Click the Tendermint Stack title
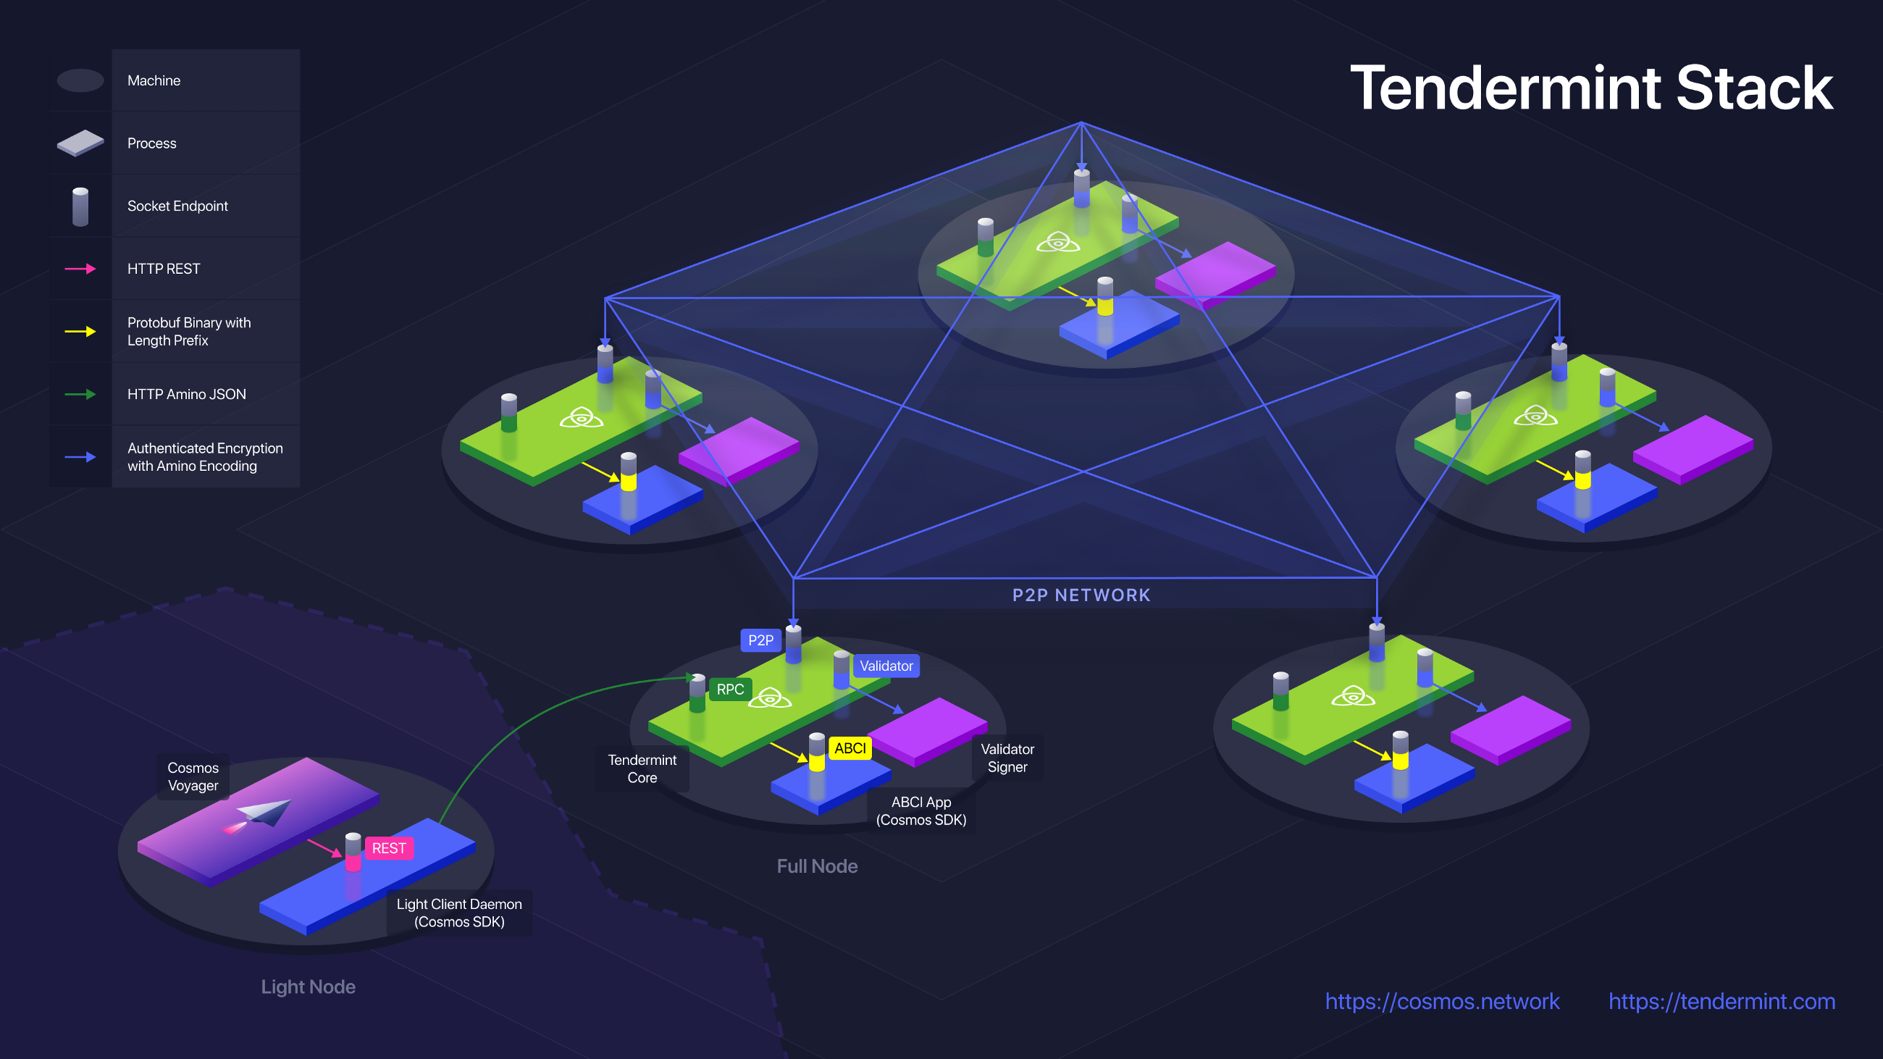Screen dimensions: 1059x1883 click(1590, 89)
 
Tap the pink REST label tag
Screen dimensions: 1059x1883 click(389, 847)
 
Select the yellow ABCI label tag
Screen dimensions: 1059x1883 click(850, 748)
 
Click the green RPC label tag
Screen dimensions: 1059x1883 click(729, 689)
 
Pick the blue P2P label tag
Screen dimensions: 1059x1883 click(760, 640)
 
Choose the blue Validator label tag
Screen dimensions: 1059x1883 click(886, 666)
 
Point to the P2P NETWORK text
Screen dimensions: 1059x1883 click(1081, 595)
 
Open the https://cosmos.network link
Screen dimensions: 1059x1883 click(1441, 1000)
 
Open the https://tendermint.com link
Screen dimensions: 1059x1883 click(1721, 1000)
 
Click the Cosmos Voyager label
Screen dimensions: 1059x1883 click(193, 777)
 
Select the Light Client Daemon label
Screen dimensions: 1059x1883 click(459, 913)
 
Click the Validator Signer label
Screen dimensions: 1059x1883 click(1007, 758)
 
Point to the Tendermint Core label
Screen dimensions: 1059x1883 click(642, 768)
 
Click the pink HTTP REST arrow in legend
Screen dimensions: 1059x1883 click(80, 269)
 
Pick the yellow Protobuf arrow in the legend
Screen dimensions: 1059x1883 click(80, 332)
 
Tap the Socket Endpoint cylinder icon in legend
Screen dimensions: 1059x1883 click(80, 207)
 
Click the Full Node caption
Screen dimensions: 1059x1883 click(816, 866)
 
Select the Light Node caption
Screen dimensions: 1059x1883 click(308, 987)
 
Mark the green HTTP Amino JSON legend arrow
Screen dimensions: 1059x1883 click(80, 395)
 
